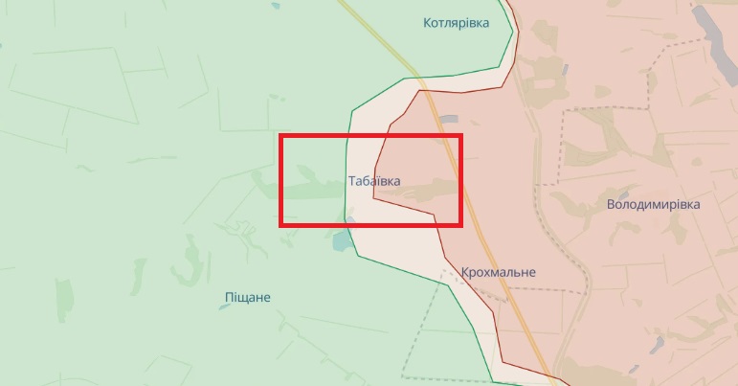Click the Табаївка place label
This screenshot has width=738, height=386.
point(374,180)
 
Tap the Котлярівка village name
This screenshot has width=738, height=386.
point(456,23)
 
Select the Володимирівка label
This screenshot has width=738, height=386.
point(654,205)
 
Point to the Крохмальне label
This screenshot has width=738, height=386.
point(498,272)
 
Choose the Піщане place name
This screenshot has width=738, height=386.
point(247,297)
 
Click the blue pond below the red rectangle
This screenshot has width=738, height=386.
point(342,240)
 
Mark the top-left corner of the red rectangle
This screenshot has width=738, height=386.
point(281,136)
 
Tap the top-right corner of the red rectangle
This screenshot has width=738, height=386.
point(460,136)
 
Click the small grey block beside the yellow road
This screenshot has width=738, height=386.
point(449,119)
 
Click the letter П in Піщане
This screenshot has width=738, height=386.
point(228,297)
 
